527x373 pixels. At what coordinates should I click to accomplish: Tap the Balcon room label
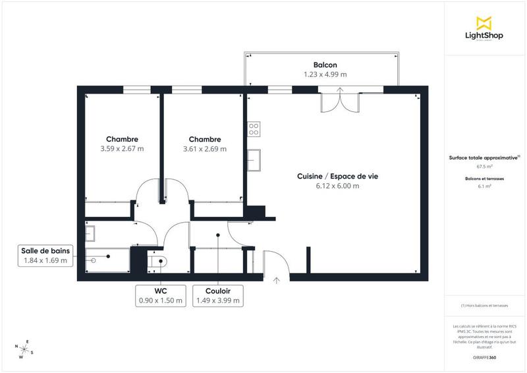pyautogui.click(x=325, y=65)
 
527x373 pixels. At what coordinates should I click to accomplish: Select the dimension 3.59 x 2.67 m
pyautogui.click(x=122, y=149)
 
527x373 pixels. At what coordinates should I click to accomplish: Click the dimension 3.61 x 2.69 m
pyautogui.click(x=204, y=149)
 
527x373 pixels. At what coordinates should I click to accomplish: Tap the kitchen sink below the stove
pyautogui.click(x=254, y=159)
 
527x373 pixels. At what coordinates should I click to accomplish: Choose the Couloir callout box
pyautogui.click(x=217, y=295)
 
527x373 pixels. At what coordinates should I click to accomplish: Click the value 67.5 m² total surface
pyautogui.click(x=484, y=167)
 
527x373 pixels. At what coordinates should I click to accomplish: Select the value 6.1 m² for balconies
pyautogui.click(x=484, y=186)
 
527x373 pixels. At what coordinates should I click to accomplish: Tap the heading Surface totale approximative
pyautogui.click(x=484, y=158)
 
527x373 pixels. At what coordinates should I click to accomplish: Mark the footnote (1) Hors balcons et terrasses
pyautogui.click(x=484, y=305)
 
